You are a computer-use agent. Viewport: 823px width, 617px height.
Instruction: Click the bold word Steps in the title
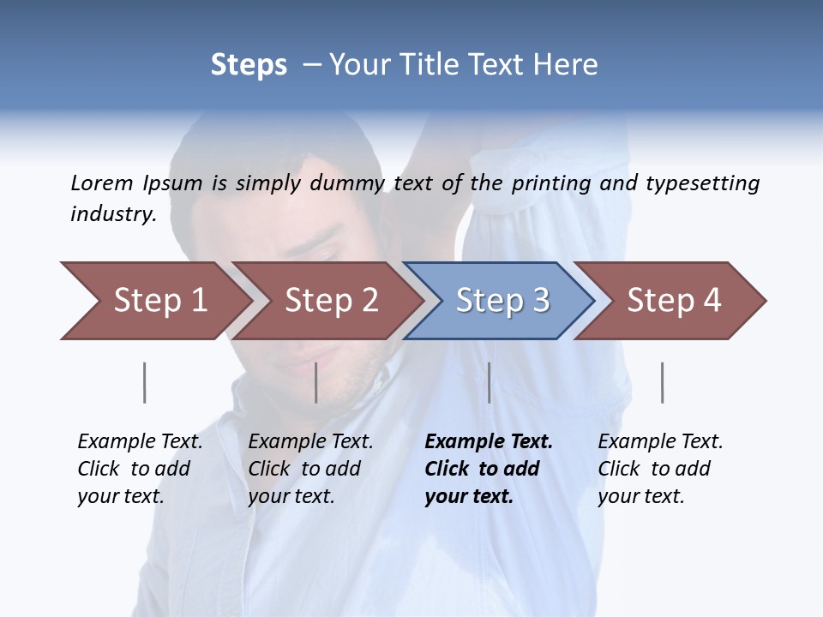[x=249, y=65]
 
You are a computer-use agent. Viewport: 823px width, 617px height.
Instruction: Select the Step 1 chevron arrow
[x=154, y=301]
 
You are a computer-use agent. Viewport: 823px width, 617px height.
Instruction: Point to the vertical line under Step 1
[x=144, y=382]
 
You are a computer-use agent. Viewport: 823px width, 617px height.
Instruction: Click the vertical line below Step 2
[x=316, y=382]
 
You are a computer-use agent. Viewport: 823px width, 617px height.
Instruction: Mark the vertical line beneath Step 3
[x=489, y=382]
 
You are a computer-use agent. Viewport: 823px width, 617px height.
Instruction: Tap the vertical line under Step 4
[x=662, y=382]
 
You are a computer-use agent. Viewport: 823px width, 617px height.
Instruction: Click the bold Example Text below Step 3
[x=489, y=468]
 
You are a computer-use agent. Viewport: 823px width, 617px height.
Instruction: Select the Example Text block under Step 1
[x=140, y=468]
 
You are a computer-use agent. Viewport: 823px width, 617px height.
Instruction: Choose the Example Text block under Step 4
[x=660, y=468]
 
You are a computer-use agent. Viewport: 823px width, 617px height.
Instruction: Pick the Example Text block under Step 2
[x=310, y=468]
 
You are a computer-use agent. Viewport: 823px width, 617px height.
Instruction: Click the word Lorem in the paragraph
[x=102, y=183]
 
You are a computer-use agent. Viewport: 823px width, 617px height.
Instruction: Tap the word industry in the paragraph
[x=112, y=213]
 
